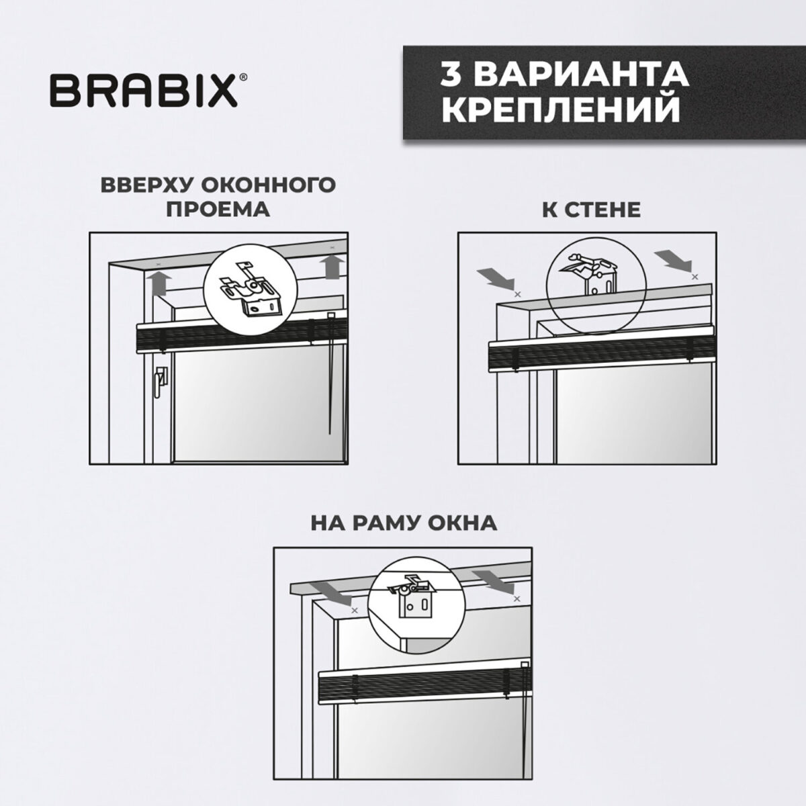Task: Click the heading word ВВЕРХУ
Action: coord(147,185)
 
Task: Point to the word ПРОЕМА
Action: coord(218,209)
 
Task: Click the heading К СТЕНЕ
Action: coord(591,209)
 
